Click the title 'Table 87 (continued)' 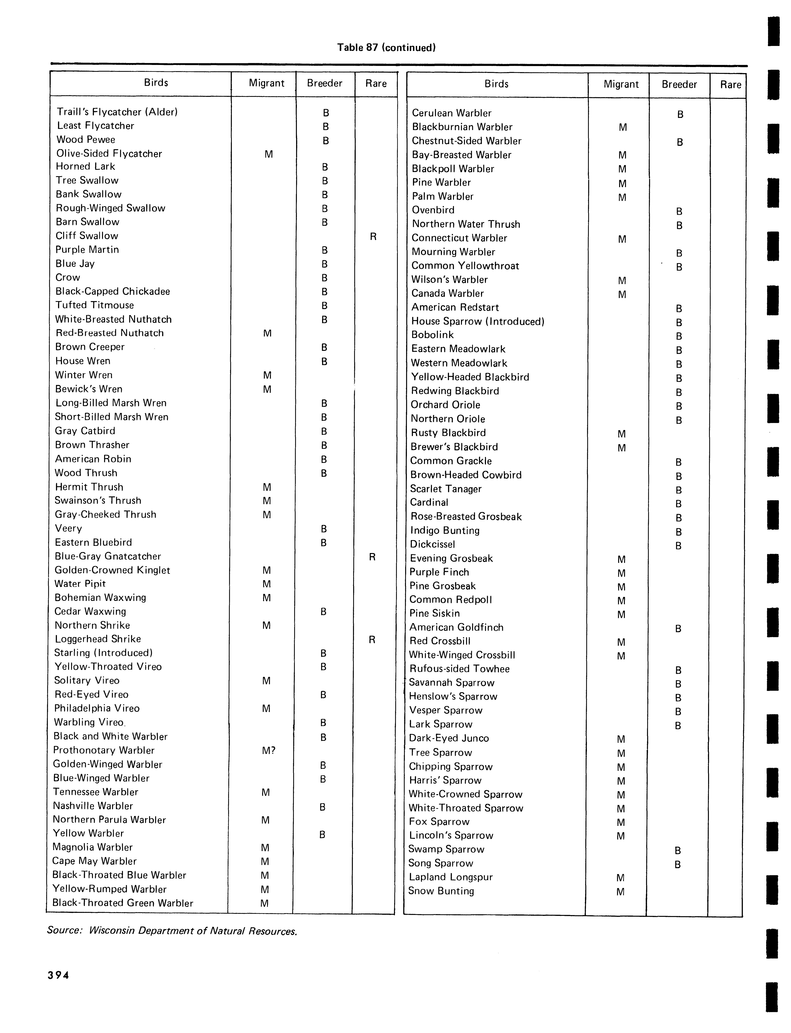[386, 48]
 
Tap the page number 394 [58, 975]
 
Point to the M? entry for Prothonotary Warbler [268, 750]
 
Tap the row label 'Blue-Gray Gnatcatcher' [108, 556]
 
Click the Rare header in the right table [730, 85]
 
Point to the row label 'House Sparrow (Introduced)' [477, 321]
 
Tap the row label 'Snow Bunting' [441, 891]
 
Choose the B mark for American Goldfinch [678, 628]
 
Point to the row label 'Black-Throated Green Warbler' [122, 903]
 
